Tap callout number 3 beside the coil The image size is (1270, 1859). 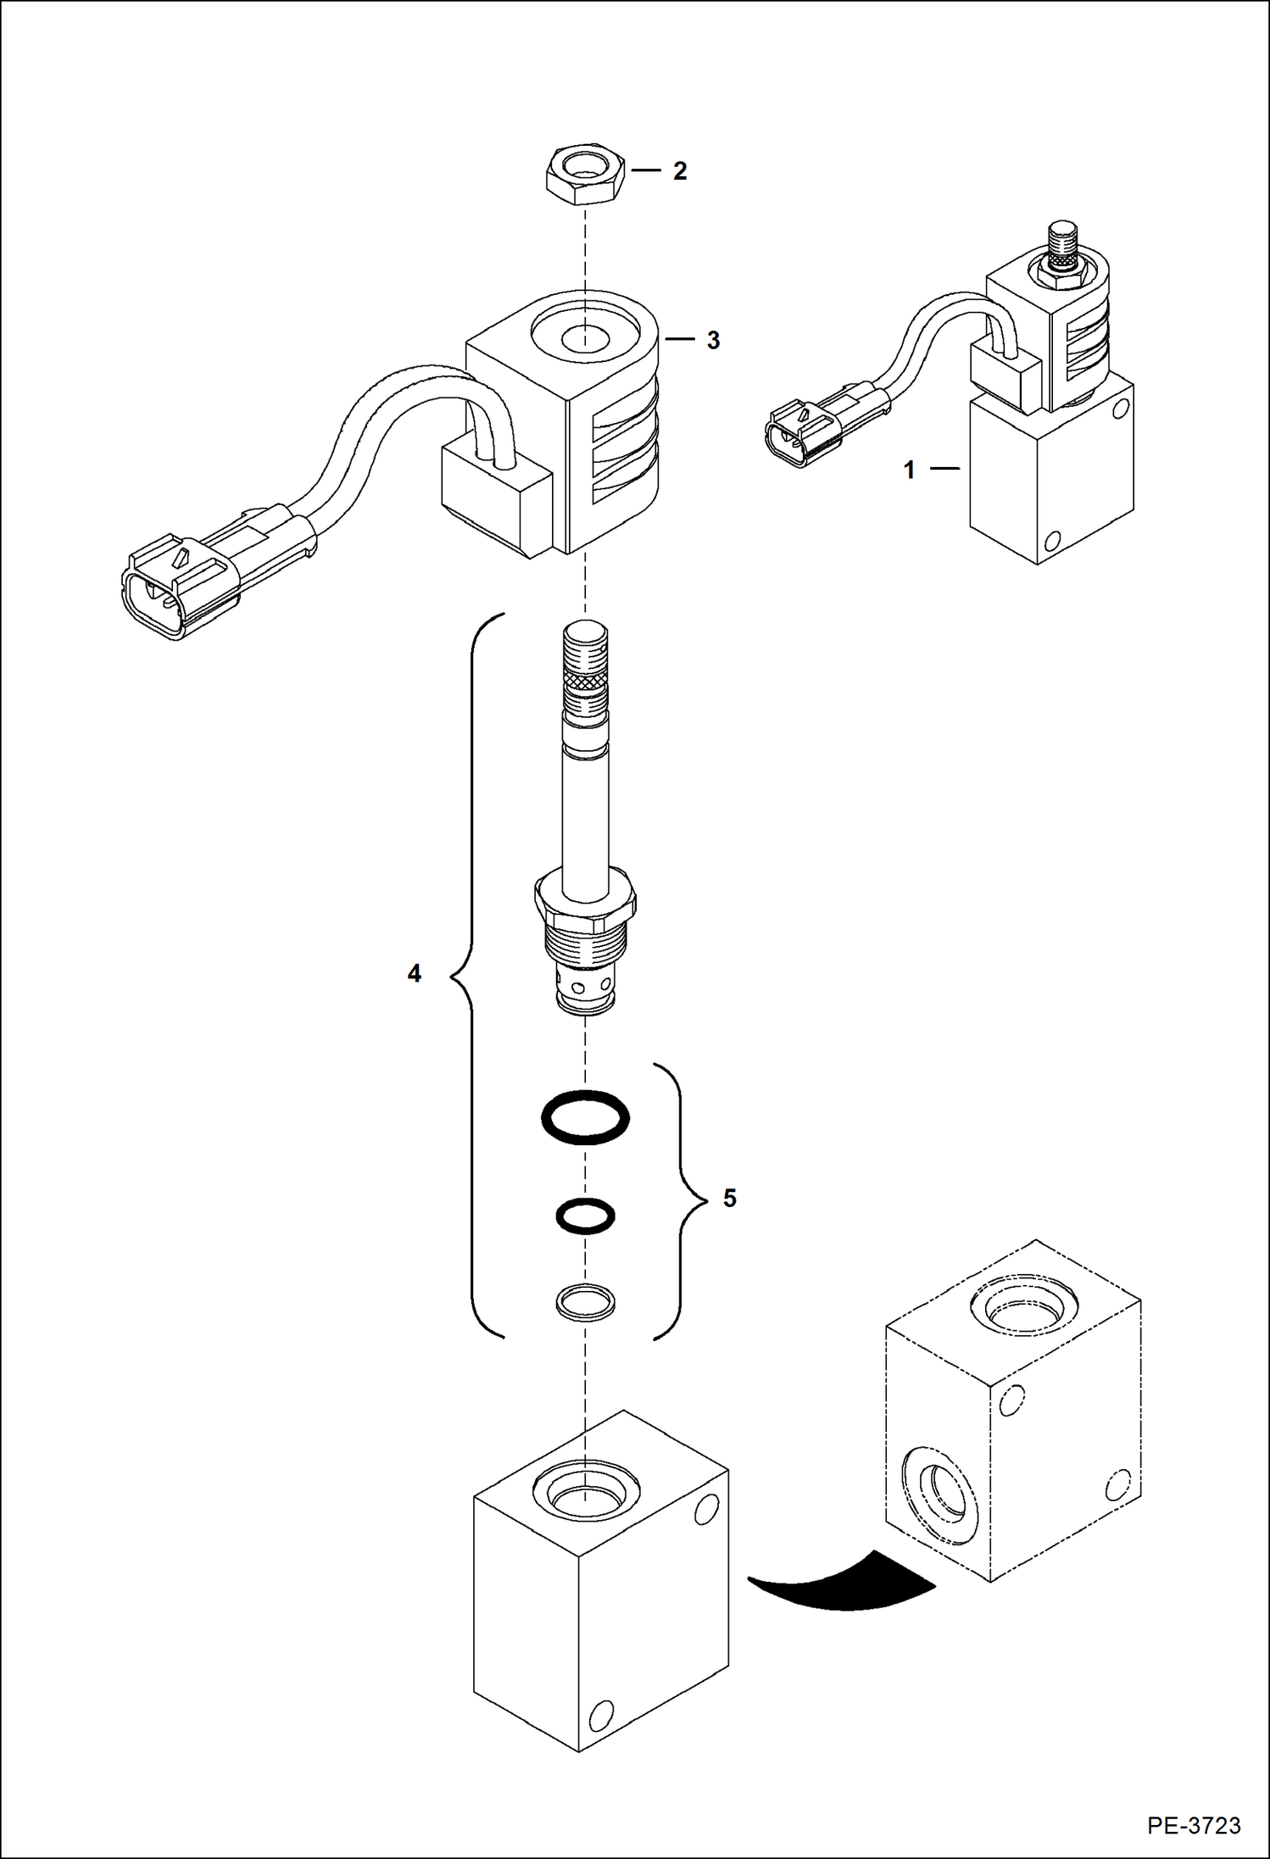[713, 341]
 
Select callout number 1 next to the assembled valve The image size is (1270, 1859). [910, 470]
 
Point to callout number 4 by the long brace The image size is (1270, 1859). [414, 974]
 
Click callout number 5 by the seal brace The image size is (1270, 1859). [729, 1199]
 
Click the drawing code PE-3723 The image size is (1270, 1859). [1195, 1825]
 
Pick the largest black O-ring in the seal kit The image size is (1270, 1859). [585, 1117]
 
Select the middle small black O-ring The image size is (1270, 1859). [585, 1216]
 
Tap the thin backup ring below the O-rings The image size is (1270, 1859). [585, 1301]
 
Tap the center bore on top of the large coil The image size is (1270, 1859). [585, 337]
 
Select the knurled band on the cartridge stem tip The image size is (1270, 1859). [585, 679]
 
